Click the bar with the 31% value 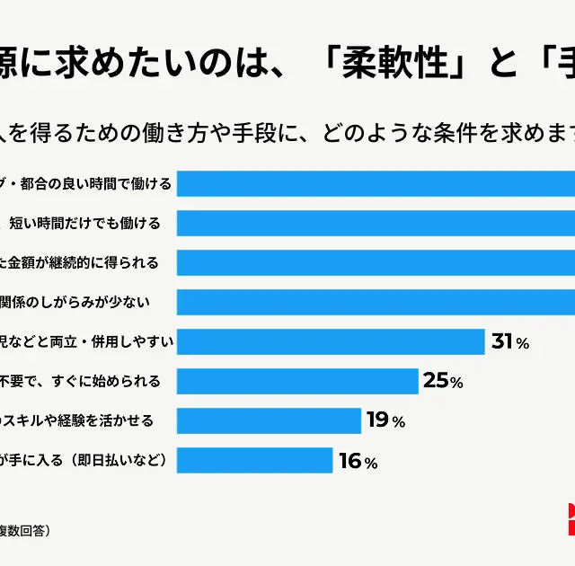click(331, 341)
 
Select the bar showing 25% click(297, 381)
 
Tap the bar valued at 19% click(269, 420)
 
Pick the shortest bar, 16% click(254, 460)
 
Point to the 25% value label click(442, 381)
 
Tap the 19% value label click(385, 420)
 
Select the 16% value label click(357, 462)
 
